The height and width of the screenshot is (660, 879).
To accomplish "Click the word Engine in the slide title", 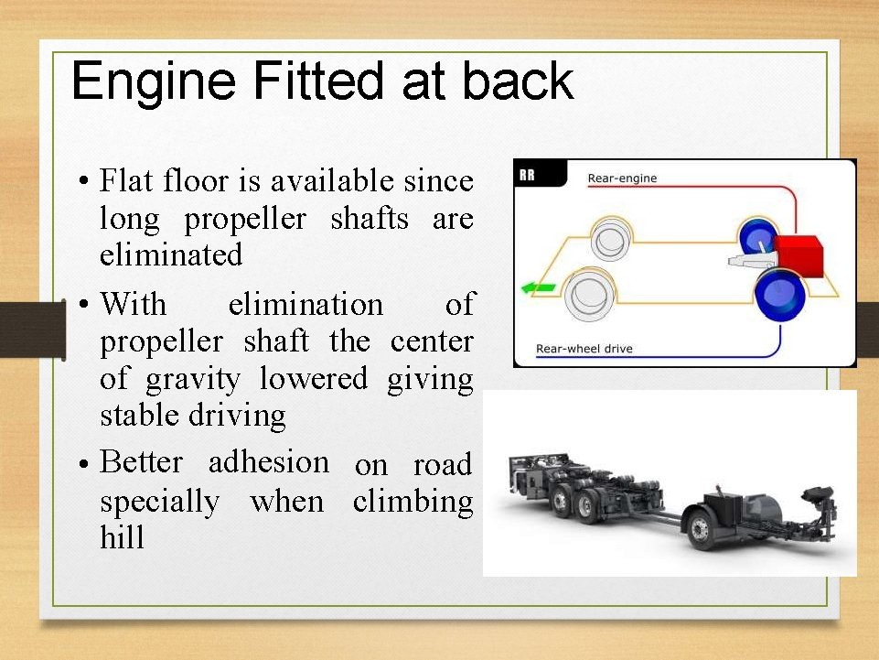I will point(154,81).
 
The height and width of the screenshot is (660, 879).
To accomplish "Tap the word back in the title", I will point(517,81).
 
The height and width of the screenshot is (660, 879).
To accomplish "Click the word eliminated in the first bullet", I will point(171,254).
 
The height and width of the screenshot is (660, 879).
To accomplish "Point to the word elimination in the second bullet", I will point(306,304).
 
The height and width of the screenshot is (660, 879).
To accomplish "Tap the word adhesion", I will point(269,462).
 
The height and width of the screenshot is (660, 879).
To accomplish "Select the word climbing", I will point(413,502).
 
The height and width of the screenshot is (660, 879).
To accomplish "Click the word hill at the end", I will point(122,538).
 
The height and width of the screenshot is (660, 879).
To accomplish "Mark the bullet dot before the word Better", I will point(82,464).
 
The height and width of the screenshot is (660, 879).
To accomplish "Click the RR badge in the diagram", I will point(528,175).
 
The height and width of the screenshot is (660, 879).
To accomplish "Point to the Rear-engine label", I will point(622,179).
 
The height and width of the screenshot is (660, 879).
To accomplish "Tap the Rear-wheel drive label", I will point(584,349).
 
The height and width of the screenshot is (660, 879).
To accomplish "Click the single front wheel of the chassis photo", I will point(700,529).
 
